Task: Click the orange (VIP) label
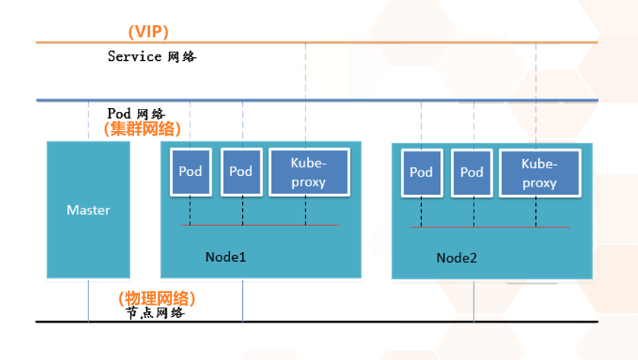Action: coord(148,31)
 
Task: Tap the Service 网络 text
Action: coord(152,56)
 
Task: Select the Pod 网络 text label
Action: coord(136,113)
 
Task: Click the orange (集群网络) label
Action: coord(142,129)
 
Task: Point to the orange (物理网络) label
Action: coord(157,298)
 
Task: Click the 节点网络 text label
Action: coord(155,313)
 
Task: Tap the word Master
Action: coord(88,210)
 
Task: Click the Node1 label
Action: coord(225,257)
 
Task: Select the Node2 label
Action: coord(457,258)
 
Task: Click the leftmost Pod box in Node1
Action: coord(191,172)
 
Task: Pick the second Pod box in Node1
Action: coord(241,172)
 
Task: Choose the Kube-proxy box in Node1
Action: coord(309,172)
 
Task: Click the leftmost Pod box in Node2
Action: coord(422,174)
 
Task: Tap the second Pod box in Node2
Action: coord(472,174)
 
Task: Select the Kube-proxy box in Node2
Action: coord(540,174)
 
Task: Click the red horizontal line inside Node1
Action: coord(260,225)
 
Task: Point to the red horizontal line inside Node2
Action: coord(490,227)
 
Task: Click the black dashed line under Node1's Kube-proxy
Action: coord(305,210)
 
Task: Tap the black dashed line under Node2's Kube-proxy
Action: coord(536,212)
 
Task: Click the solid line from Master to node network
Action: coord(88,300)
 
